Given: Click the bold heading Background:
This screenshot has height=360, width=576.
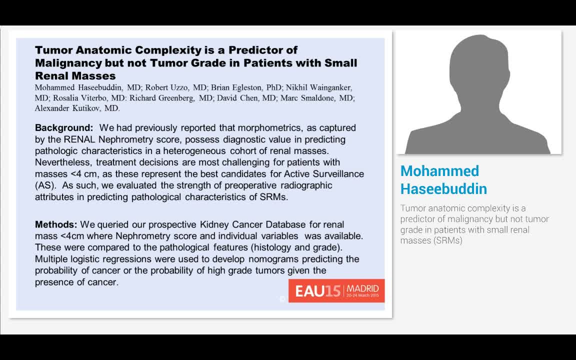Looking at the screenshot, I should (x=63, y=128).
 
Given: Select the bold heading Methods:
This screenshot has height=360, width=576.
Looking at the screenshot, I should (x=56, y=224).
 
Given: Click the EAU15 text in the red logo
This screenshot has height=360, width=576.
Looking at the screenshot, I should (x=317, y=291).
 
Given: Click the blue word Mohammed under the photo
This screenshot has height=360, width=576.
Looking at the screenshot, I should (x=439, y=171).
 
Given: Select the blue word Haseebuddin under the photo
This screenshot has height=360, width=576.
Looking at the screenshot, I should (x=443, y=189).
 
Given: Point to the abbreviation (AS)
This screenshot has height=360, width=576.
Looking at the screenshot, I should (x=43, y=185).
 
